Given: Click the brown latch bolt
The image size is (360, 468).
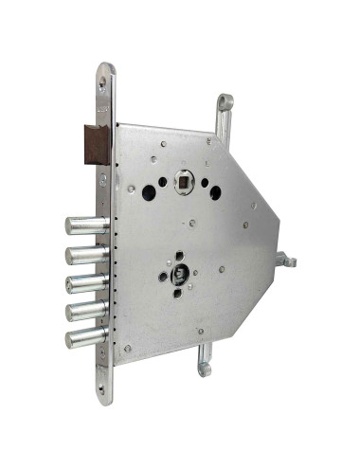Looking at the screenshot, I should click(x=97, y=141).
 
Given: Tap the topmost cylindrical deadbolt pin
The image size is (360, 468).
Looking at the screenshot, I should click(x=83, y=225).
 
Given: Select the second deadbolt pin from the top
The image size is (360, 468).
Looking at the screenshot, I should click(x=83, y=254).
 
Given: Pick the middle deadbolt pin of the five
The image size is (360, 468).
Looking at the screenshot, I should click(x=83, y=281).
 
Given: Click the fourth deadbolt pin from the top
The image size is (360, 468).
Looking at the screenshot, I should click(x=83, y=309).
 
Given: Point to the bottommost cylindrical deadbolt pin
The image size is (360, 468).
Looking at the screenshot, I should click(x=83, y=336).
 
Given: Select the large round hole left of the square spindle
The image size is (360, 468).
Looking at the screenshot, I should click(x=149, y=190).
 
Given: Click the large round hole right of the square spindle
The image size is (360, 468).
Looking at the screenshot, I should click(x=215, y=192).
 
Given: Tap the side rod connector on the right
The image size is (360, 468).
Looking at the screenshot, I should click(x=287, y=259).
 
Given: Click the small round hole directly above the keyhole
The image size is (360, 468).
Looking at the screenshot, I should click(x=177, y=254).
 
